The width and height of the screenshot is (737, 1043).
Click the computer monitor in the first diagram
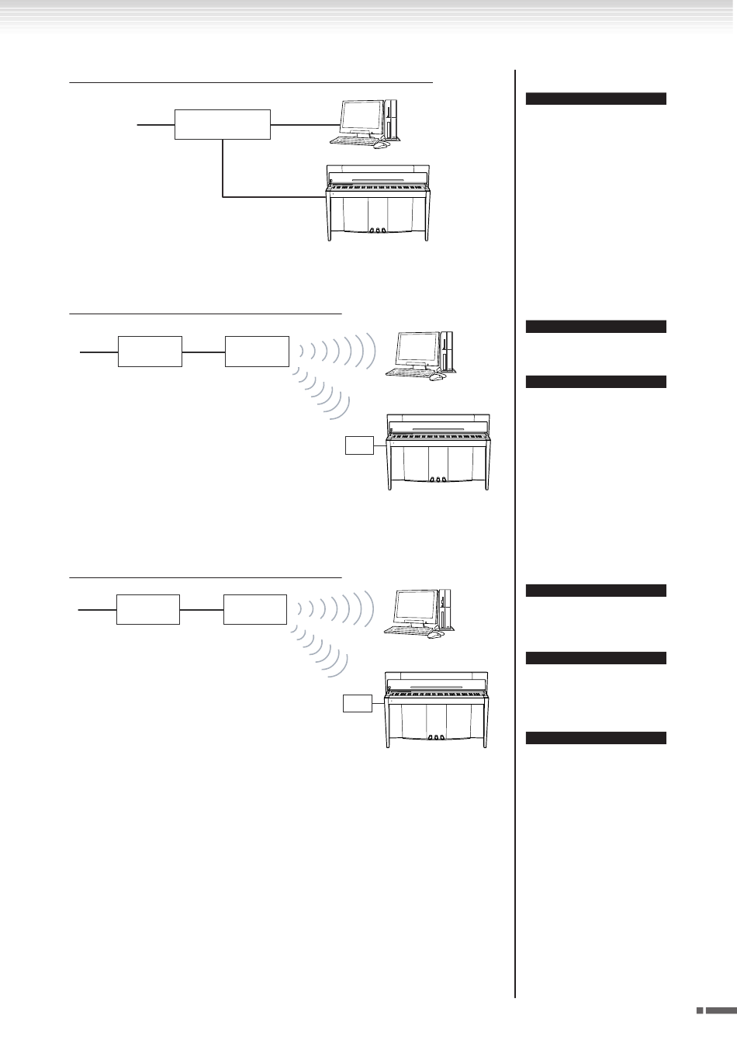point(362,117)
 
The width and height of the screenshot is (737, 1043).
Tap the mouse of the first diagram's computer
point(379,144)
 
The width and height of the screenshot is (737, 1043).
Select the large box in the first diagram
point(223,124)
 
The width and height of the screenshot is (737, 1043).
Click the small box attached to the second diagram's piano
point(358,445)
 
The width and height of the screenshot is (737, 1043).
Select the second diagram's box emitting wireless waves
point(257,351)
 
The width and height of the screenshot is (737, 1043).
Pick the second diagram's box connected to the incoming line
point(150,351)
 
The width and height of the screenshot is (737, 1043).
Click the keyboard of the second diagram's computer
point(410,372)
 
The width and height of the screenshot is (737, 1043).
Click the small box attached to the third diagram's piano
point(358,705)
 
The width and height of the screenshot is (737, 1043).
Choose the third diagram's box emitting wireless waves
point(255,609)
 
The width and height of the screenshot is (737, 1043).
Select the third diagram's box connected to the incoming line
point(148,609)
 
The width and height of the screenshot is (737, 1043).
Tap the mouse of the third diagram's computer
point(435,635)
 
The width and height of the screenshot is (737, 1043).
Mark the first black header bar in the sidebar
point(596,99)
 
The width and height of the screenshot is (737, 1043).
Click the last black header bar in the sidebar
point(596,738)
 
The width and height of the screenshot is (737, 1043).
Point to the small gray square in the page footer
point(699,1011)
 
